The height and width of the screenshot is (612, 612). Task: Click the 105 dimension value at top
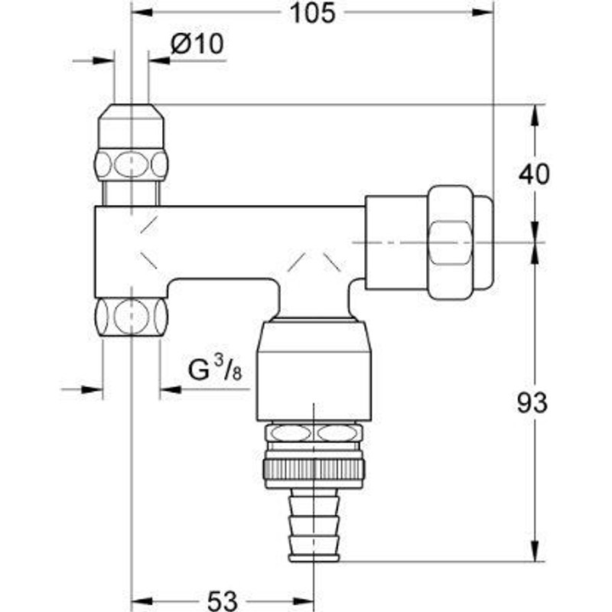(311, 13)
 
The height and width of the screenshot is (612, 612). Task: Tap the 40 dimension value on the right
(533, 174)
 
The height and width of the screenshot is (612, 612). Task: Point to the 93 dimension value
(533, 403)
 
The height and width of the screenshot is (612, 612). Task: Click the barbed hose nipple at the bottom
(314, 528)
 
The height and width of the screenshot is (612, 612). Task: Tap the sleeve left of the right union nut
(396, 242)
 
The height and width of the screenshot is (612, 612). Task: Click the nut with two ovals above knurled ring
(314, 434)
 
